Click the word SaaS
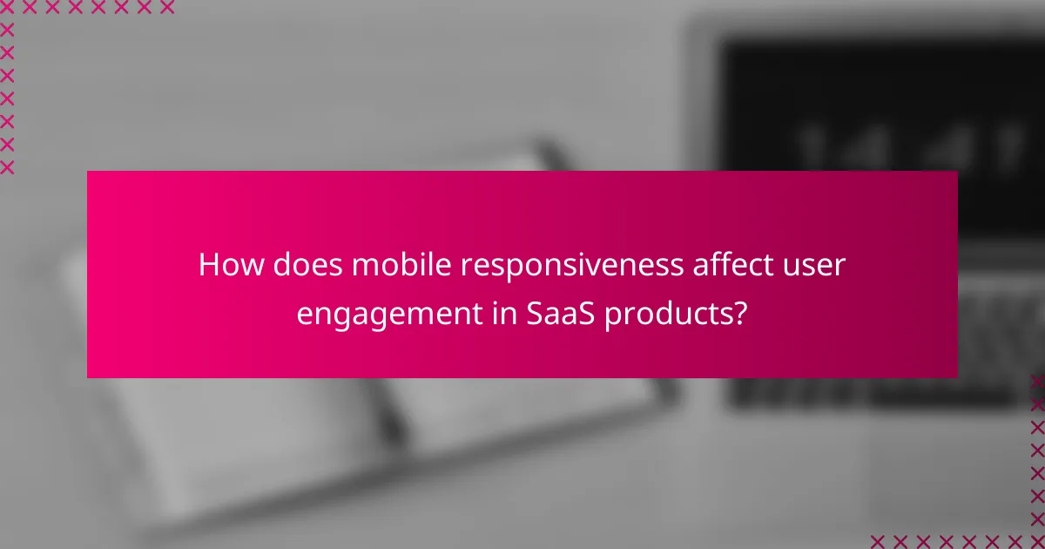[562, 314]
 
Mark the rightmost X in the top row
[167, 8]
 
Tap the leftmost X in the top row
[8, 8]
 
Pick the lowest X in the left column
[8, 166]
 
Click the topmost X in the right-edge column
[1037, 382]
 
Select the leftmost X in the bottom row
[878, 541]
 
